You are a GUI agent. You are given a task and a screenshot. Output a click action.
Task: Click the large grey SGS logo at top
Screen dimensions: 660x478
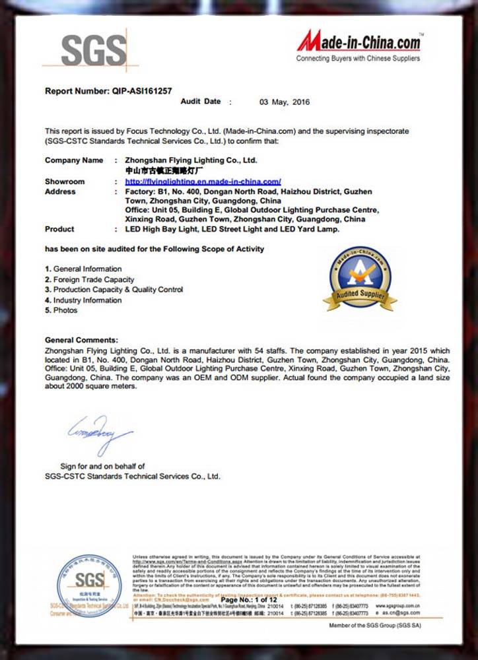[93, 50]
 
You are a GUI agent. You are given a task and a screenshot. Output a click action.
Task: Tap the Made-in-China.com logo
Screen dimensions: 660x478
[358, 42]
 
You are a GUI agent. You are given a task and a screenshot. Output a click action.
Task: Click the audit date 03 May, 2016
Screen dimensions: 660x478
[284, 102]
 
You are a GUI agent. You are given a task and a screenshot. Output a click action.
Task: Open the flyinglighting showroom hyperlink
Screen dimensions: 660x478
[203, 181]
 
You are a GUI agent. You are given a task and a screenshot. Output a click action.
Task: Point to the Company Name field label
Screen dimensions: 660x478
[74, 160]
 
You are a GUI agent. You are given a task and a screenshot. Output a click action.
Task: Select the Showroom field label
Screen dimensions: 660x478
[65, 181]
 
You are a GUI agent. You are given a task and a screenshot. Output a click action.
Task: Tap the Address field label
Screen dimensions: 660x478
[60, 192]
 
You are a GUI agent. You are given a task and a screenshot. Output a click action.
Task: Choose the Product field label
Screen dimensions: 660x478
[59, 229]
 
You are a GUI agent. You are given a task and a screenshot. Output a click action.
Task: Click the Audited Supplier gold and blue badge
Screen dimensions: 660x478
[359, 280]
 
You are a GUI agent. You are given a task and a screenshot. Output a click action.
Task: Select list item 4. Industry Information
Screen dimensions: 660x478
[83, 300]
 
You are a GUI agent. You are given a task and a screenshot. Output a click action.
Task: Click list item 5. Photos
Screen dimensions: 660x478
[61, 310]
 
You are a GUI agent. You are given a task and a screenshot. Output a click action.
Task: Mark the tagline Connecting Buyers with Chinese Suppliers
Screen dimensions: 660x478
[358, 59]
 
